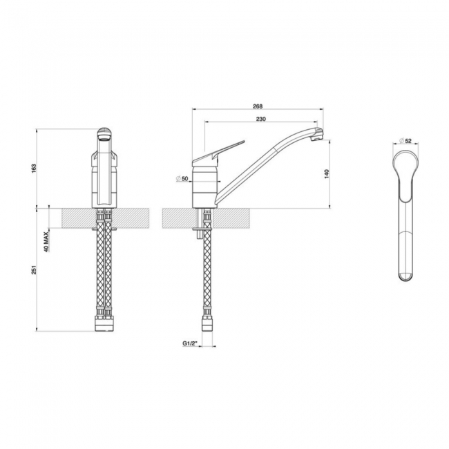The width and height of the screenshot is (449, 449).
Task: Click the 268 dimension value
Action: coord(258,106)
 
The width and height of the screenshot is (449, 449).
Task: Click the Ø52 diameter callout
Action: coord(406,141)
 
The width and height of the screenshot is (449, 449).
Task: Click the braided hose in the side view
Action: coord(206,276)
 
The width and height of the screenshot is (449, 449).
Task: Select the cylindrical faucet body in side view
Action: coord(204,182)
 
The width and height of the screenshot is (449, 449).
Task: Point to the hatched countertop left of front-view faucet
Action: coord(76,218)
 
